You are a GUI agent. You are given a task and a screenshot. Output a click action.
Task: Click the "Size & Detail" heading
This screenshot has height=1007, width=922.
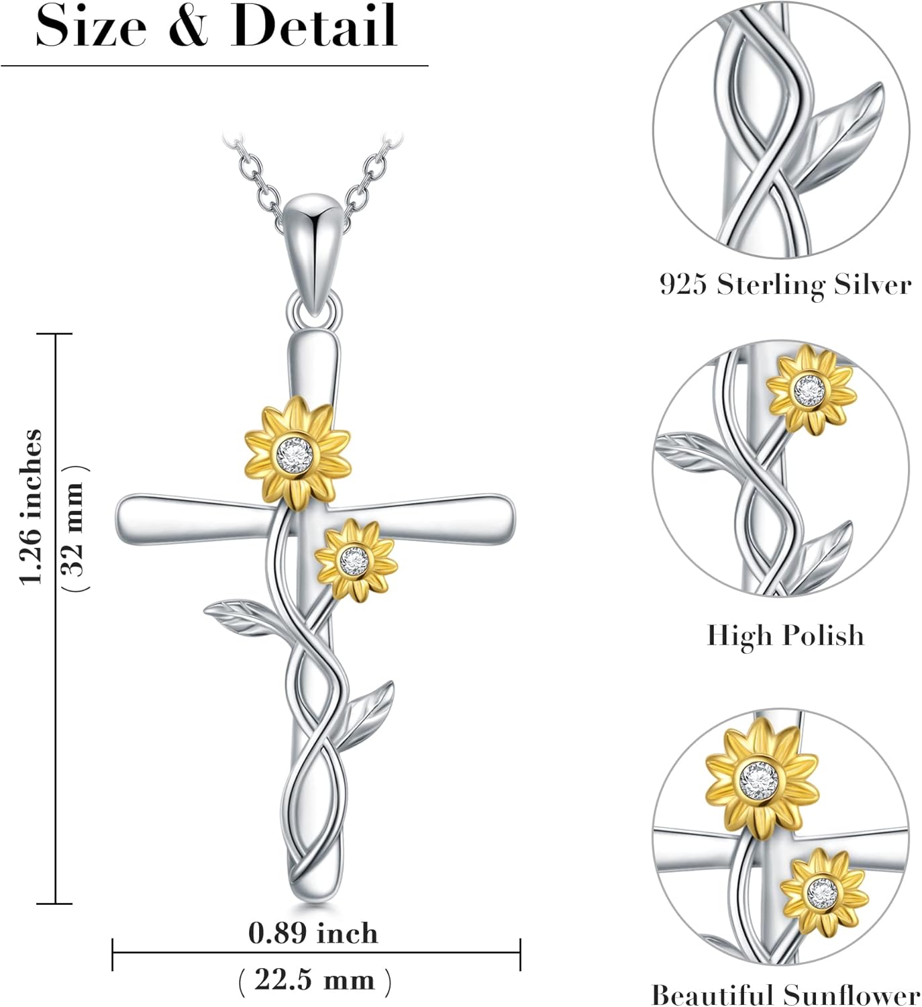[216, 27]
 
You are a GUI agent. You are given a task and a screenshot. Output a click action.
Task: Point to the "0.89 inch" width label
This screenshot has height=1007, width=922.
[313, 933]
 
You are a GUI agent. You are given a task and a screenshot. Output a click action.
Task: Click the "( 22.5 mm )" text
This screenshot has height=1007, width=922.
[314, 980]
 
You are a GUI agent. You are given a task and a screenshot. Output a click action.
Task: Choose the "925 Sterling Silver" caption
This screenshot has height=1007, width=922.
[785, 285]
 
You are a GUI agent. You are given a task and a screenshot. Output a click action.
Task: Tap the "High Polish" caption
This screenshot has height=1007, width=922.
[785, 635]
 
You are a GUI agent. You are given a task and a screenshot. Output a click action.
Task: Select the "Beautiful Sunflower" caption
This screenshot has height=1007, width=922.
[785, 994]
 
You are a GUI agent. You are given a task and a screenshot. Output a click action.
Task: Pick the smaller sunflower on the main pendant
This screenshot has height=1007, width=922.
[355, 560]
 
